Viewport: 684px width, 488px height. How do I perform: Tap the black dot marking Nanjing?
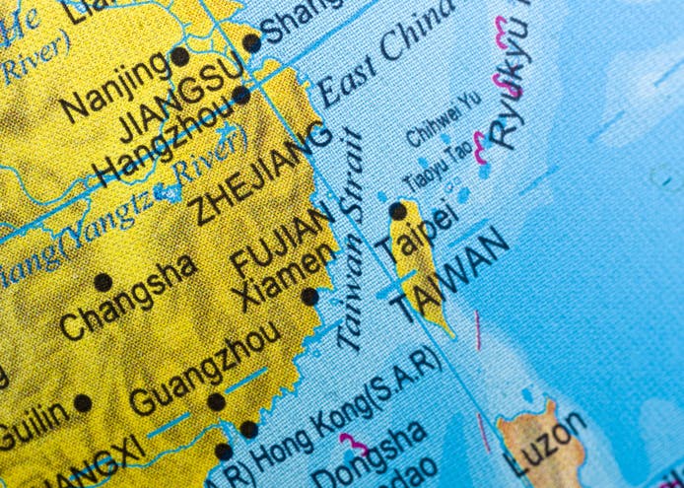[x=179, y=56]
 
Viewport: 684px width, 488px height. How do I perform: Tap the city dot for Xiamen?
[x=309, y=296]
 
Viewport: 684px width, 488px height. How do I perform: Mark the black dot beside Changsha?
[x=103, y=282]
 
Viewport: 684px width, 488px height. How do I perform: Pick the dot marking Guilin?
[x=83, y=402]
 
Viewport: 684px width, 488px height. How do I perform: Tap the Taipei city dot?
[x=397, y=210]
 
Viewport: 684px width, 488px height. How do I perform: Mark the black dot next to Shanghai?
[x=252, y=42]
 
